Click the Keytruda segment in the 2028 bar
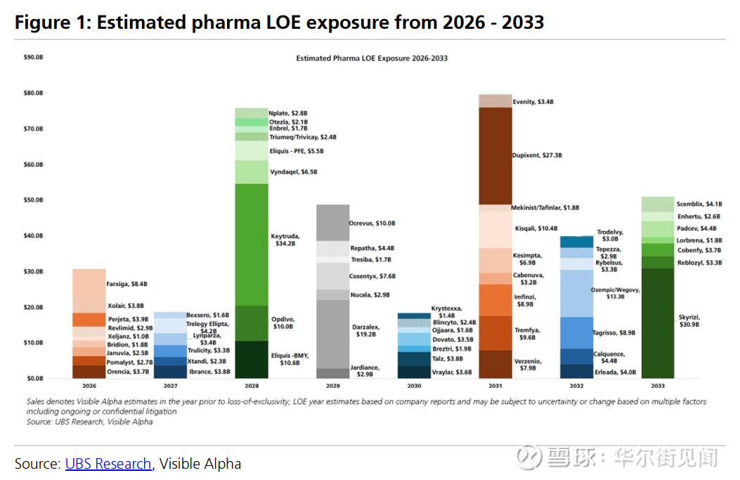point(251,244)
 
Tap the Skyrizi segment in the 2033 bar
point(658,323)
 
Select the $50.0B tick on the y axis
point(33,200)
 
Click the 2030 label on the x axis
point(414,387)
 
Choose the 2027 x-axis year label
point(170,387)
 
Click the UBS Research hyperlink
point(108,464)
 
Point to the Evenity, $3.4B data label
point(533,102)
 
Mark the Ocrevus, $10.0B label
point(372,223)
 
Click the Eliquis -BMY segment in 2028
point(251,360)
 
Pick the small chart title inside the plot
point(372,58)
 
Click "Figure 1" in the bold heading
point(49,22)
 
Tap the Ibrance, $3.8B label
point(210,372)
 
